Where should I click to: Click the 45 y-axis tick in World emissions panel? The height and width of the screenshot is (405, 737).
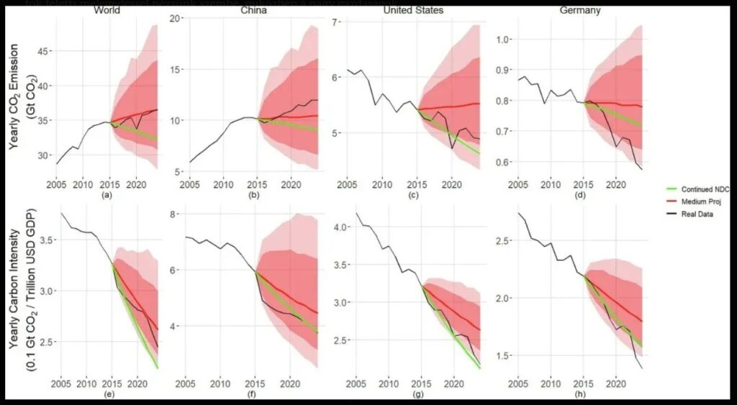[42, 52]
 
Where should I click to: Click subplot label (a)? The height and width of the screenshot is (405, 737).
[108, 194]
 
